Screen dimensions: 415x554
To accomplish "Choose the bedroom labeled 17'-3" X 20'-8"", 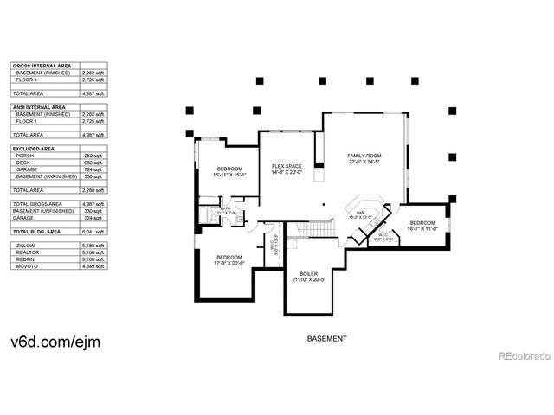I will tap(229, 259).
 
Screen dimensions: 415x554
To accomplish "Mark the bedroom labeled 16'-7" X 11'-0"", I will tap(422, 225).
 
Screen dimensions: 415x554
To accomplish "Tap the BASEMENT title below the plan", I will tap(328, 338).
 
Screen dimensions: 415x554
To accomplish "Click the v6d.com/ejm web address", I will tap(55, 342).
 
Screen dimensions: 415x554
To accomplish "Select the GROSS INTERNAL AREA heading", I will tap(41, 65).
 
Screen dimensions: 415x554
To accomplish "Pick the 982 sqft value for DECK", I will tap(94, 162).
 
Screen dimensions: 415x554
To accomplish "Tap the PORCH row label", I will tap(25, 155).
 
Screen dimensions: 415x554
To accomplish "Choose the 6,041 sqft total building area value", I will tap(93, 232).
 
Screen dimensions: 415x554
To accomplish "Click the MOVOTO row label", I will tap(27, 266).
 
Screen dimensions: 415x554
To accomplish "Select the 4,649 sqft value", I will tap(93, 266).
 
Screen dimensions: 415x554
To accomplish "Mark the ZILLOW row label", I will tap(25, 246).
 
